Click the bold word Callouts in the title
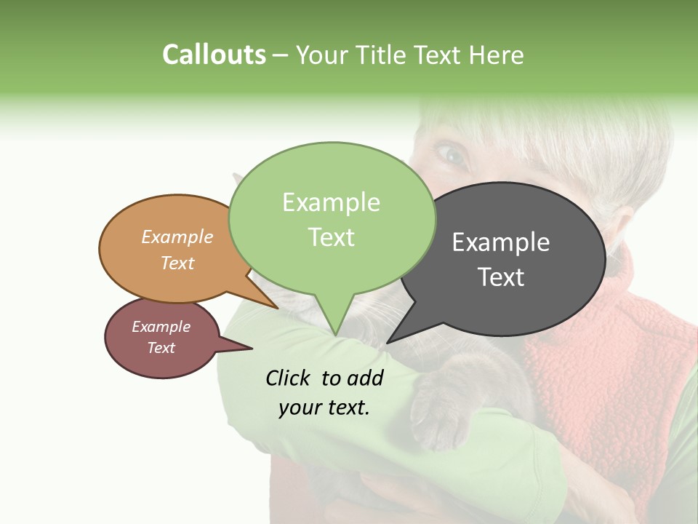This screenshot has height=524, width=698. coord(214,55)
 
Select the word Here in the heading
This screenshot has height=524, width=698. coord(497,55)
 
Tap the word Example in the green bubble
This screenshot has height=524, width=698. coord(331,202)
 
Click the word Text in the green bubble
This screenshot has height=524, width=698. coord(331,237)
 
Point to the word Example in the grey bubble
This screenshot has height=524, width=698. coord(501,242)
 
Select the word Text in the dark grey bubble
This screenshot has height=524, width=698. coord(501,277)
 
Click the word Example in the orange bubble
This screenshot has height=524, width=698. coord(177,237)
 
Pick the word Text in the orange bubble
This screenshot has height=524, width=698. coord(177,263)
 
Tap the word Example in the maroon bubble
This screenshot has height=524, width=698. coord(161,327)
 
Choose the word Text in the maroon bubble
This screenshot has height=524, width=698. coord(161,348)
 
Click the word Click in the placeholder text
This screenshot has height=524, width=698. coord(289,378)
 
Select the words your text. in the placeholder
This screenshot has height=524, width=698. coord(324,408)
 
